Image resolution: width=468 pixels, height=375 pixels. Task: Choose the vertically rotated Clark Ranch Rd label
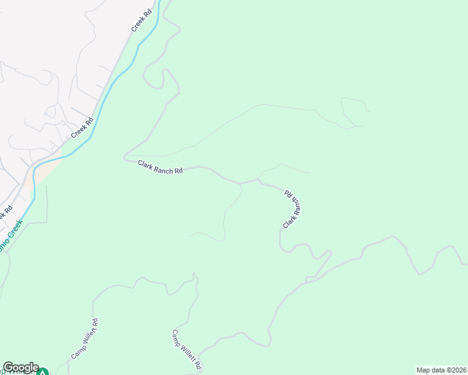(292, 209)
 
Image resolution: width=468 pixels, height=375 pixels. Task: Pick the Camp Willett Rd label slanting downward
(188, 349)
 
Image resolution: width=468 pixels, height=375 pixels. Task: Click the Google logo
(21, 368)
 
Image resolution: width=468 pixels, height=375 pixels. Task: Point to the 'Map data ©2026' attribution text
(441, 370)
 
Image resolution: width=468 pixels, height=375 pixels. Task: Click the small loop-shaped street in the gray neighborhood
(50, 112)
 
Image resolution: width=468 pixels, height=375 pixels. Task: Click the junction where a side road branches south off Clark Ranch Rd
(240, 184)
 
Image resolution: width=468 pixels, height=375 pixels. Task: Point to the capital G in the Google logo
(8, 367)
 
